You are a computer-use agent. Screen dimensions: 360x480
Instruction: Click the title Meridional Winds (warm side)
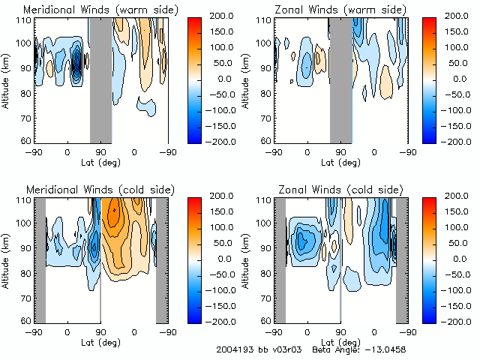89,10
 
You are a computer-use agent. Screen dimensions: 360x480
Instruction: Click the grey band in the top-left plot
100,79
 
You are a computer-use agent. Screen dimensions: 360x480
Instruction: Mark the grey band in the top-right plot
340,79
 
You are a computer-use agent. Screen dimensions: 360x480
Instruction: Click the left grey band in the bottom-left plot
40,259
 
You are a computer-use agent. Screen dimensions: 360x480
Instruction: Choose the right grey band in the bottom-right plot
401,259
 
